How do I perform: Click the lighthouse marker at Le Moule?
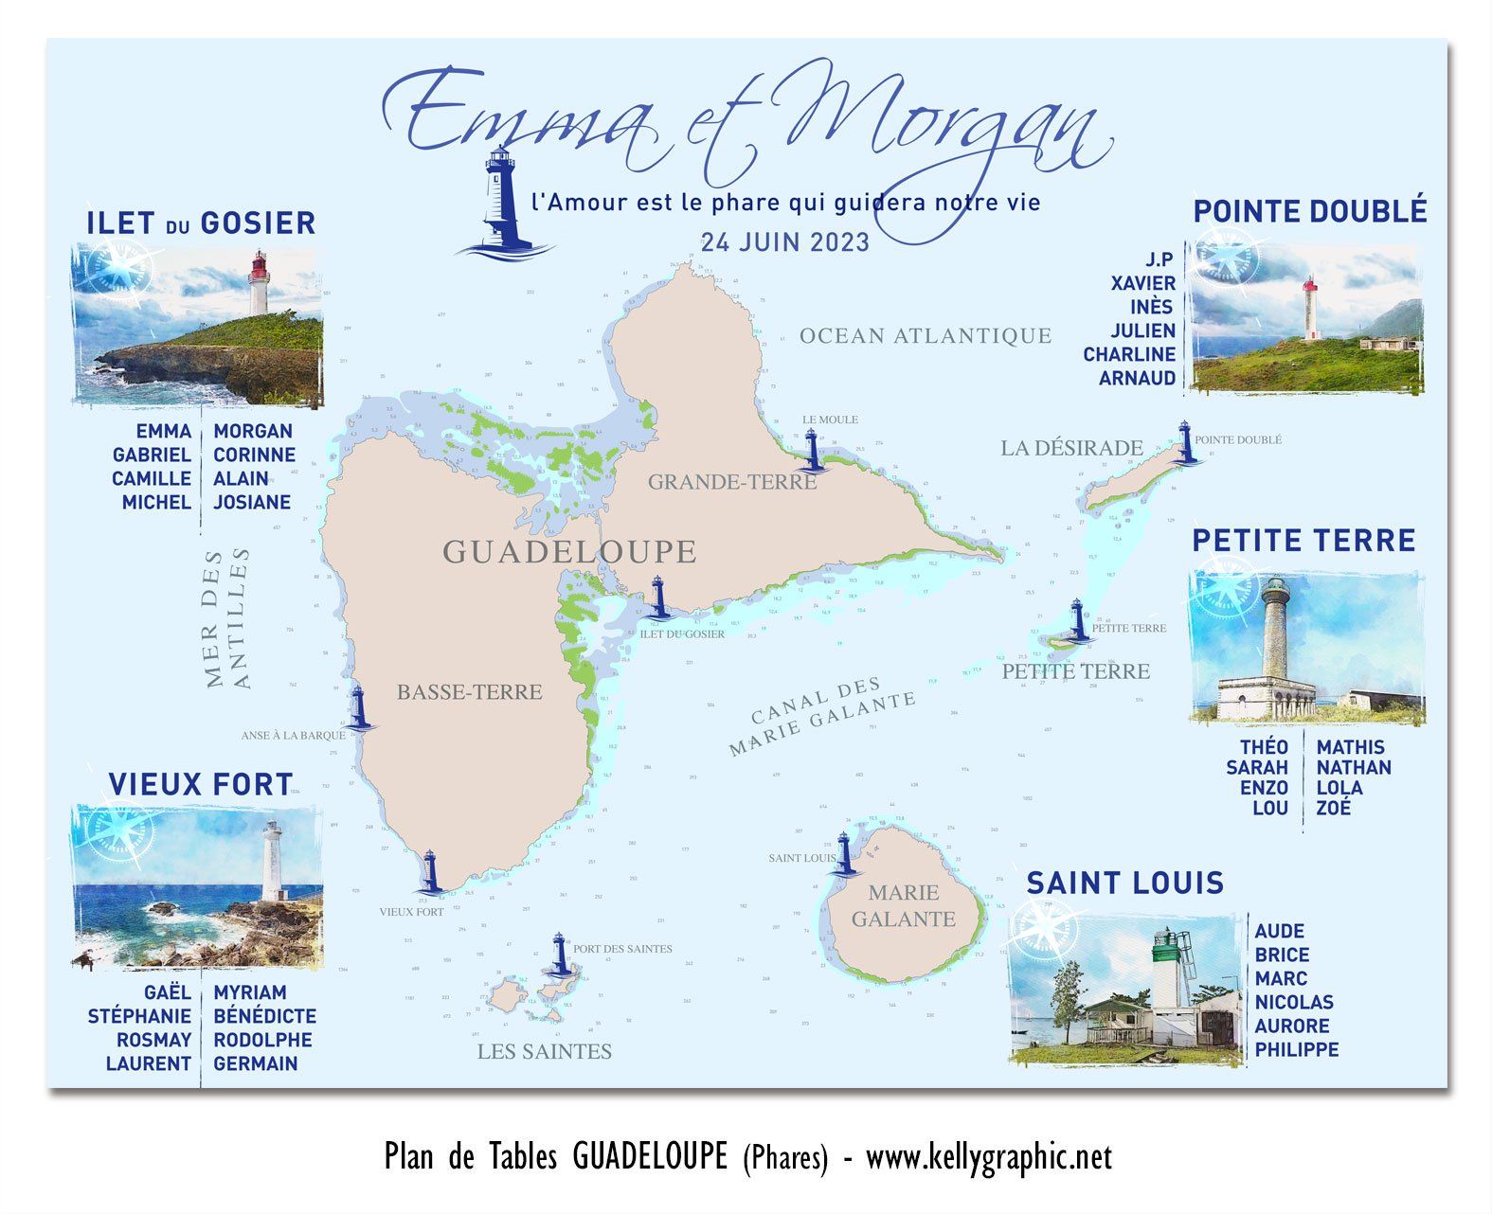(811, 450)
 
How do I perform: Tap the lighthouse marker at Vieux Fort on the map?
(430, 871)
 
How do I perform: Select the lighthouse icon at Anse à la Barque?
(358, 708)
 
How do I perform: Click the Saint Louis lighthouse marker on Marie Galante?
(844, 854)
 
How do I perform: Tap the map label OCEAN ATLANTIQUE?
(925, 336)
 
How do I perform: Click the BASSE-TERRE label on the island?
(469, 692)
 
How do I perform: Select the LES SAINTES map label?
(544, 1051)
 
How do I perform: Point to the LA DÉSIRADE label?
(1071, 448)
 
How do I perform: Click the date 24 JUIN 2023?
(784, 242)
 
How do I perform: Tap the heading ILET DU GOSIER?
(201, 223)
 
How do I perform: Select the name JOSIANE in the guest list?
(251, 502)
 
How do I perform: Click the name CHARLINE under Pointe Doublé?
(1129, 354)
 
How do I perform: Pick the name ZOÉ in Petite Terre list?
(1333, 808)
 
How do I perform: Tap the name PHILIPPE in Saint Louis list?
(1296, 1049)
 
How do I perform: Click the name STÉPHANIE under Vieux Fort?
(139, 1016)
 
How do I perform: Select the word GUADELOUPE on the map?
(569, 551)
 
